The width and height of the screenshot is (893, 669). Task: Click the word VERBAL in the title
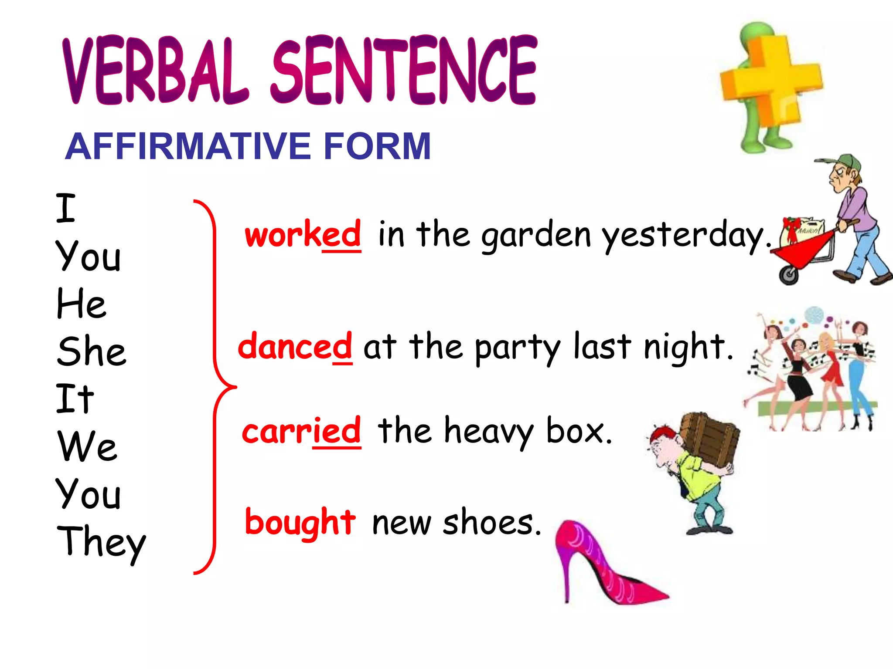(x=155, y=72)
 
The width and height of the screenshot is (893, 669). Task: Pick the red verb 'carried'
(x=301, y=431)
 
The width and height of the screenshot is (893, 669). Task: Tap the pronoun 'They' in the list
(x=101, y=542)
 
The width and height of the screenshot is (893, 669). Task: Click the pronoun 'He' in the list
(x=81, y=304)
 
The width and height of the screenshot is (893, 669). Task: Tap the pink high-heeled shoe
(x=606, y=566)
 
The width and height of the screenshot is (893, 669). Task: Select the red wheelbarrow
(x=807, y=248)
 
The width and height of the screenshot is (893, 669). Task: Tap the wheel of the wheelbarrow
(x=789, y=275)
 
